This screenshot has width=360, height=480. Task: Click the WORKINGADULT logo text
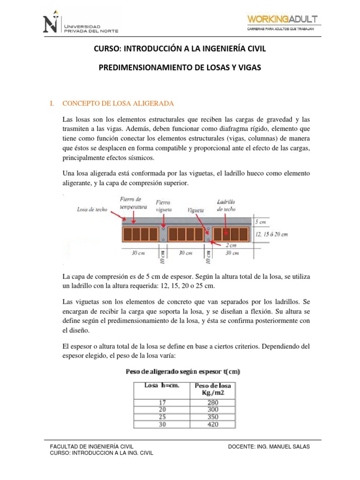point(284,18)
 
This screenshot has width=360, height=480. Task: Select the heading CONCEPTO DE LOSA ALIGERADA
point(118,103)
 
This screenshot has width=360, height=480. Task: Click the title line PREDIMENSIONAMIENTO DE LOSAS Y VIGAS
point(180,68)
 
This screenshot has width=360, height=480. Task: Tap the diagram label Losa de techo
point(92,210)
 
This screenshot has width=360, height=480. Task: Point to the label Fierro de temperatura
point(134,203)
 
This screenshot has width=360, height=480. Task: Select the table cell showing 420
point(212,425)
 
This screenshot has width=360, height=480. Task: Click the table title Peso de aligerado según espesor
point(183,372)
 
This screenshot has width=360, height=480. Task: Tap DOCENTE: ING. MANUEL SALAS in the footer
point(269,447)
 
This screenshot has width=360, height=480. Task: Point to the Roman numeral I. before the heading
point(52,103)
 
